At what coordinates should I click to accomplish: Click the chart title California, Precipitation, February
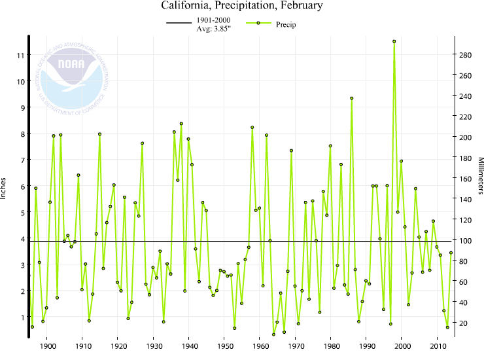pos(242,7)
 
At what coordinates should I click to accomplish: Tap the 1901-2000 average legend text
pos(212,24)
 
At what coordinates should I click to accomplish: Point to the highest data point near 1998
pos(394,41)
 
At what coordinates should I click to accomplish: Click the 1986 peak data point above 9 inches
pos(352,98)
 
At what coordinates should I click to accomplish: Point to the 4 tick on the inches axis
pos(21,239)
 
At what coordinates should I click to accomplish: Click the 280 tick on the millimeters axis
pos(465,55)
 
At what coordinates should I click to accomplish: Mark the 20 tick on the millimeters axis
pos(464,323)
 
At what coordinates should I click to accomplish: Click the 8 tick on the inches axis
pos(21,134)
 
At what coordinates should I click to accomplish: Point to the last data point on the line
pos(451,253)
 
